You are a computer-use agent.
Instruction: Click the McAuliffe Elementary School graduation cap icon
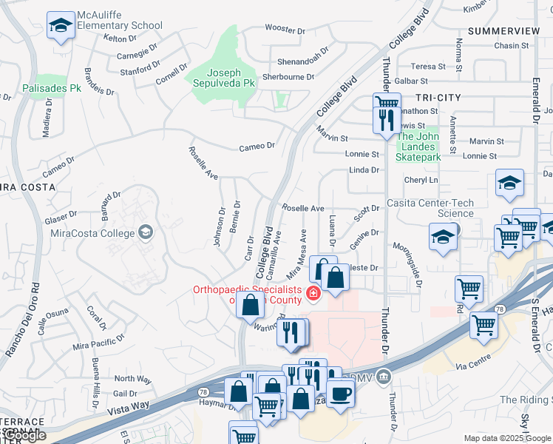click(x=61, y=26)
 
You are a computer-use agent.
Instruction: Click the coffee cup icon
click(x=340, y=393)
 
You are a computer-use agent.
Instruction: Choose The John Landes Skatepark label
click(x=418, y=147)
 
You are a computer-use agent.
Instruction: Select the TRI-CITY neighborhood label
click(x=438, y=98)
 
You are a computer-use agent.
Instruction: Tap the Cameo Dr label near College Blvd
click(x=257, y=147)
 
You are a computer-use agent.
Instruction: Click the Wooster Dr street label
click(x=285, y=30)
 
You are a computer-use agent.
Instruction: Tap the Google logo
click(x=24, y=435)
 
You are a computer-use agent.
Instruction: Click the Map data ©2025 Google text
click(x=506, y=438)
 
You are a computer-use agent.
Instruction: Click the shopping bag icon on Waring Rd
click(x=251, y=304)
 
